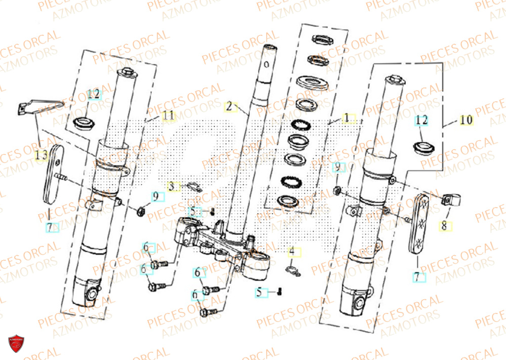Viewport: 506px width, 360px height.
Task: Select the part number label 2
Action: (230, 106)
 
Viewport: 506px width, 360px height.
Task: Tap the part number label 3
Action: (173, 187)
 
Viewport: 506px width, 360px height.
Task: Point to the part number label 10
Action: (466, 120)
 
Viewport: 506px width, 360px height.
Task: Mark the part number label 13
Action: (42, 155)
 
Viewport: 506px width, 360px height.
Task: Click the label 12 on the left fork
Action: (94, 94)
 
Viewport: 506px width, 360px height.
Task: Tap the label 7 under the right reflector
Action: (418, 277)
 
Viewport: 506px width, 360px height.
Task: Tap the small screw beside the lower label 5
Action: (279, 291)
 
